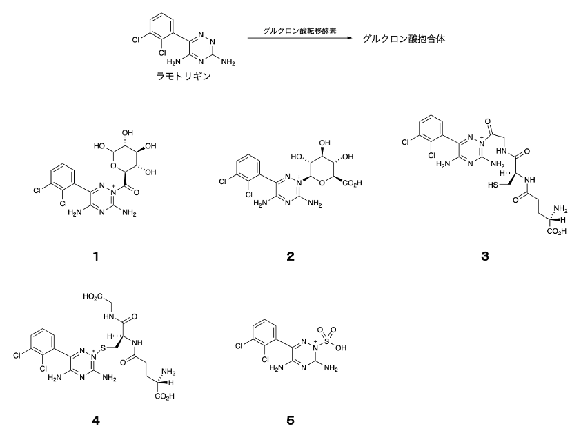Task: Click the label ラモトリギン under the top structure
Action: (x=184, y=77)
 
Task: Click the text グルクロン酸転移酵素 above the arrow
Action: (x=299, y=31)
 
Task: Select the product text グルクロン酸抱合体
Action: (x=404, y=39)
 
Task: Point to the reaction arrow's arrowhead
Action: (x=348, y=38)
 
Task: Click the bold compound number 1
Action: (x=96, y=256)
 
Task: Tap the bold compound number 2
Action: (x=290, y=256)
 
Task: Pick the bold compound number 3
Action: (x=484, y=256)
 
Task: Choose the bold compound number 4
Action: (x=96, y=421)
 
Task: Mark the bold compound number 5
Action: (x=290, y=421)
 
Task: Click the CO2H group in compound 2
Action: (x=352, y=183)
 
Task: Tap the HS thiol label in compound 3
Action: (x=493, y=185)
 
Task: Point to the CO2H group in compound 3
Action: (x=558, y=232)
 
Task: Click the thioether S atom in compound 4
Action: (x=103, y=349)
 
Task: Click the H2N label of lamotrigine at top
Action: (x=173, y=62)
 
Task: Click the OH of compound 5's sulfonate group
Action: (x=342, y=348)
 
